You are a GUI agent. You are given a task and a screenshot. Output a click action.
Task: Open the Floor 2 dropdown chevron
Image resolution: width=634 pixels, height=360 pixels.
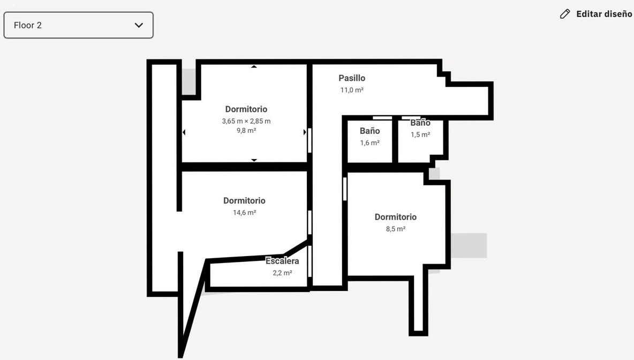pos(139,25)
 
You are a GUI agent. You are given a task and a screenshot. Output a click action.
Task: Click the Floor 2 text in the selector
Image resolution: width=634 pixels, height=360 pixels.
pos(27,25)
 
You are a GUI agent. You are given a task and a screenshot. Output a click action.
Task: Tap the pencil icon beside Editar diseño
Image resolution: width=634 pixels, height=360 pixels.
pos(565,14)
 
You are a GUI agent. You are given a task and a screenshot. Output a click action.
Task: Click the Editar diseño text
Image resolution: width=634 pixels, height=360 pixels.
pos(604,14)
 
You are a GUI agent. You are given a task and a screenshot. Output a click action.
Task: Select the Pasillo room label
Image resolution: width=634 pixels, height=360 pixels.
pos(352,78)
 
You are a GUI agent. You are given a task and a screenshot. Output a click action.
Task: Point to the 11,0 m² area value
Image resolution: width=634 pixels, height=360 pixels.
pos(352,90)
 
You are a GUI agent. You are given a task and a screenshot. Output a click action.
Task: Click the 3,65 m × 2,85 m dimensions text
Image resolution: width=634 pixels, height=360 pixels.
pos(246,121)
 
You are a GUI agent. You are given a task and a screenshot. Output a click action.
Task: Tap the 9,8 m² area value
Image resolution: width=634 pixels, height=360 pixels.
pos(246,130)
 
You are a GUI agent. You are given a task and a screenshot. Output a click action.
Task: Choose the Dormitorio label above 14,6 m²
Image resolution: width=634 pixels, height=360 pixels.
pos(244,201)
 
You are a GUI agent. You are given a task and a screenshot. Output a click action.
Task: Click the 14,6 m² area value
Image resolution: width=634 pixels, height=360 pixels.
pos(244,212)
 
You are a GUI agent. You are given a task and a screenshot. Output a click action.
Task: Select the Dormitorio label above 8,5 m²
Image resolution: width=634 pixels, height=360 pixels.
pos(395,217)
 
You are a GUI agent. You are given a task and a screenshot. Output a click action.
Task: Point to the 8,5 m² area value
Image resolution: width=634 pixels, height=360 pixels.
pos(395,229)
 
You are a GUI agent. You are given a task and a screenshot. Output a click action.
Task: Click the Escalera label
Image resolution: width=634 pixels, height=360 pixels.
pos(282,261)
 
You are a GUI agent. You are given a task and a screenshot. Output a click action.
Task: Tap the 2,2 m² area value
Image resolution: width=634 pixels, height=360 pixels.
pos(282,273)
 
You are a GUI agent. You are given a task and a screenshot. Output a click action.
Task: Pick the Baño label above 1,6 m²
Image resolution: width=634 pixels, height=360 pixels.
pos(369,131)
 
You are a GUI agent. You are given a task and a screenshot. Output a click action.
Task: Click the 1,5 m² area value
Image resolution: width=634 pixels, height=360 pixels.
pos(420,134)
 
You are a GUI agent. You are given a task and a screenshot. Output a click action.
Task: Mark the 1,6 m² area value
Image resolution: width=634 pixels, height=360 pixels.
pos(369,142)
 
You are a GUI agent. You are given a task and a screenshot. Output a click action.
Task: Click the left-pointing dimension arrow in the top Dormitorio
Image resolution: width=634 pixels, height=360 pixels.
pos(184,132)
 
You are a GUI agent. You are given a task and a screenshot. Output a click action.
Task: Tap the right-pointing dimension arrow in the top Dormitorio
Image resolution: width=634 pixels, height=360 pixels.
pos(305,132)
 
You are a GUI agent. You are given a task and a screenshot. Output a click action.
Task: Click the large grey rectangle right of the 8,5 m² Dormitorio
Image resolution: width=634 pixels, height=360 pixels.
pos(469,245)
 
